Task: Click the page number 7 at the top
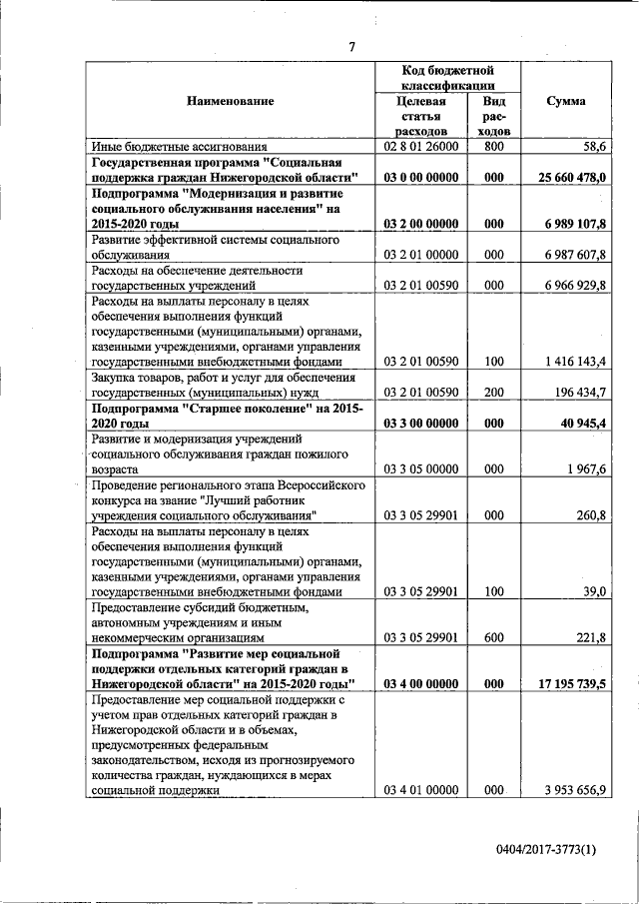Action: tap(351, 47)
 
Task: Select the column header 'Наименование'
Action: tap(230, 101)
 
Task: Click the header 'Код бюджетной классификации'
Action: tap(448, 78)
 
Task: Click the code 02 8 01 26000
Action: tap(419, 146)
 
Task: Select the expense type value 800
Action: tap(493, 146)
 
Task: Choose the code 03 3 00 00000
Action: tap(419, 425)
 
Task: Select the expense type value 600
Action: tap(493, 636)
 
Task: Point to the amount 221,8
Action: tap(592, 636)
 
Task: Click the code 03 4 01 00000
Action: tap(419, 790)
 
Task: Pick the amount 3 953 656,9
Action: tap(574, 790)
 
